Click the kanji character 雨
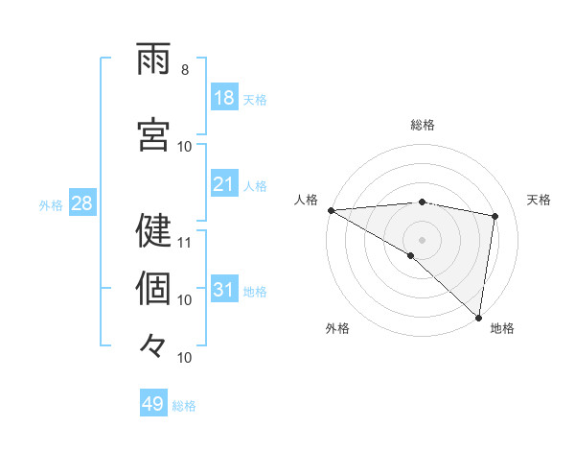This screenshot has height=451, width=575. (154, 61)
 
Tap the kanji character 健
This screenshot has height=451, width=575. (154, 230)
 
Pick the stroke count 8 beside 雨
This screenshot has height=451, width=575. (185, 70)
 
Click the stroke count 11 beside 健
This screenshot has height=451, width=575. (186, 242)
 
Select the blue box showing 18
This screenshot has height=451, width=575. (224, 97)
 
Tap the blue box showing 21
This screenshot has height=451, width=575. (224, 183)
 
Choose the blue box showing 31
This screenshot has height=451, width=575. (224, 289)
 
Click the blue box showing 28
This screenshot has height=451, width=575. (81, 202)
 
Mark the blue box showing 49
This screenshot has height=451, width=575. (153, 404)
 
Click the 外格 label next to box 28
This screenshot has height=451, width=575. (51, 204)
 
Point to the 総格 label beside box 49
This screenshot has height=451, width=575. (184, 406)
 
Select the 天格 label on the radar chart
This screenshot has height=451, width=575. (540, 200)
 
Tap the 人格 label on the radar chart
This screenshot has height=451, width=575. (306, 200)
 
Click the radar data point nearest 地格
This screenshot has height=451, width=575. (479, 318)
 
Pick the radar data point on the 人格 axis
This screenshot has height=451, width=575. (331, 210)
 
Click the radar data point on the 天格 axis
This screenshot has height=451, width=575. (495, 216)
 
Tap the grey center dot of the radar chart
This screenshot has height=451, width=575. (422, 238)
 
